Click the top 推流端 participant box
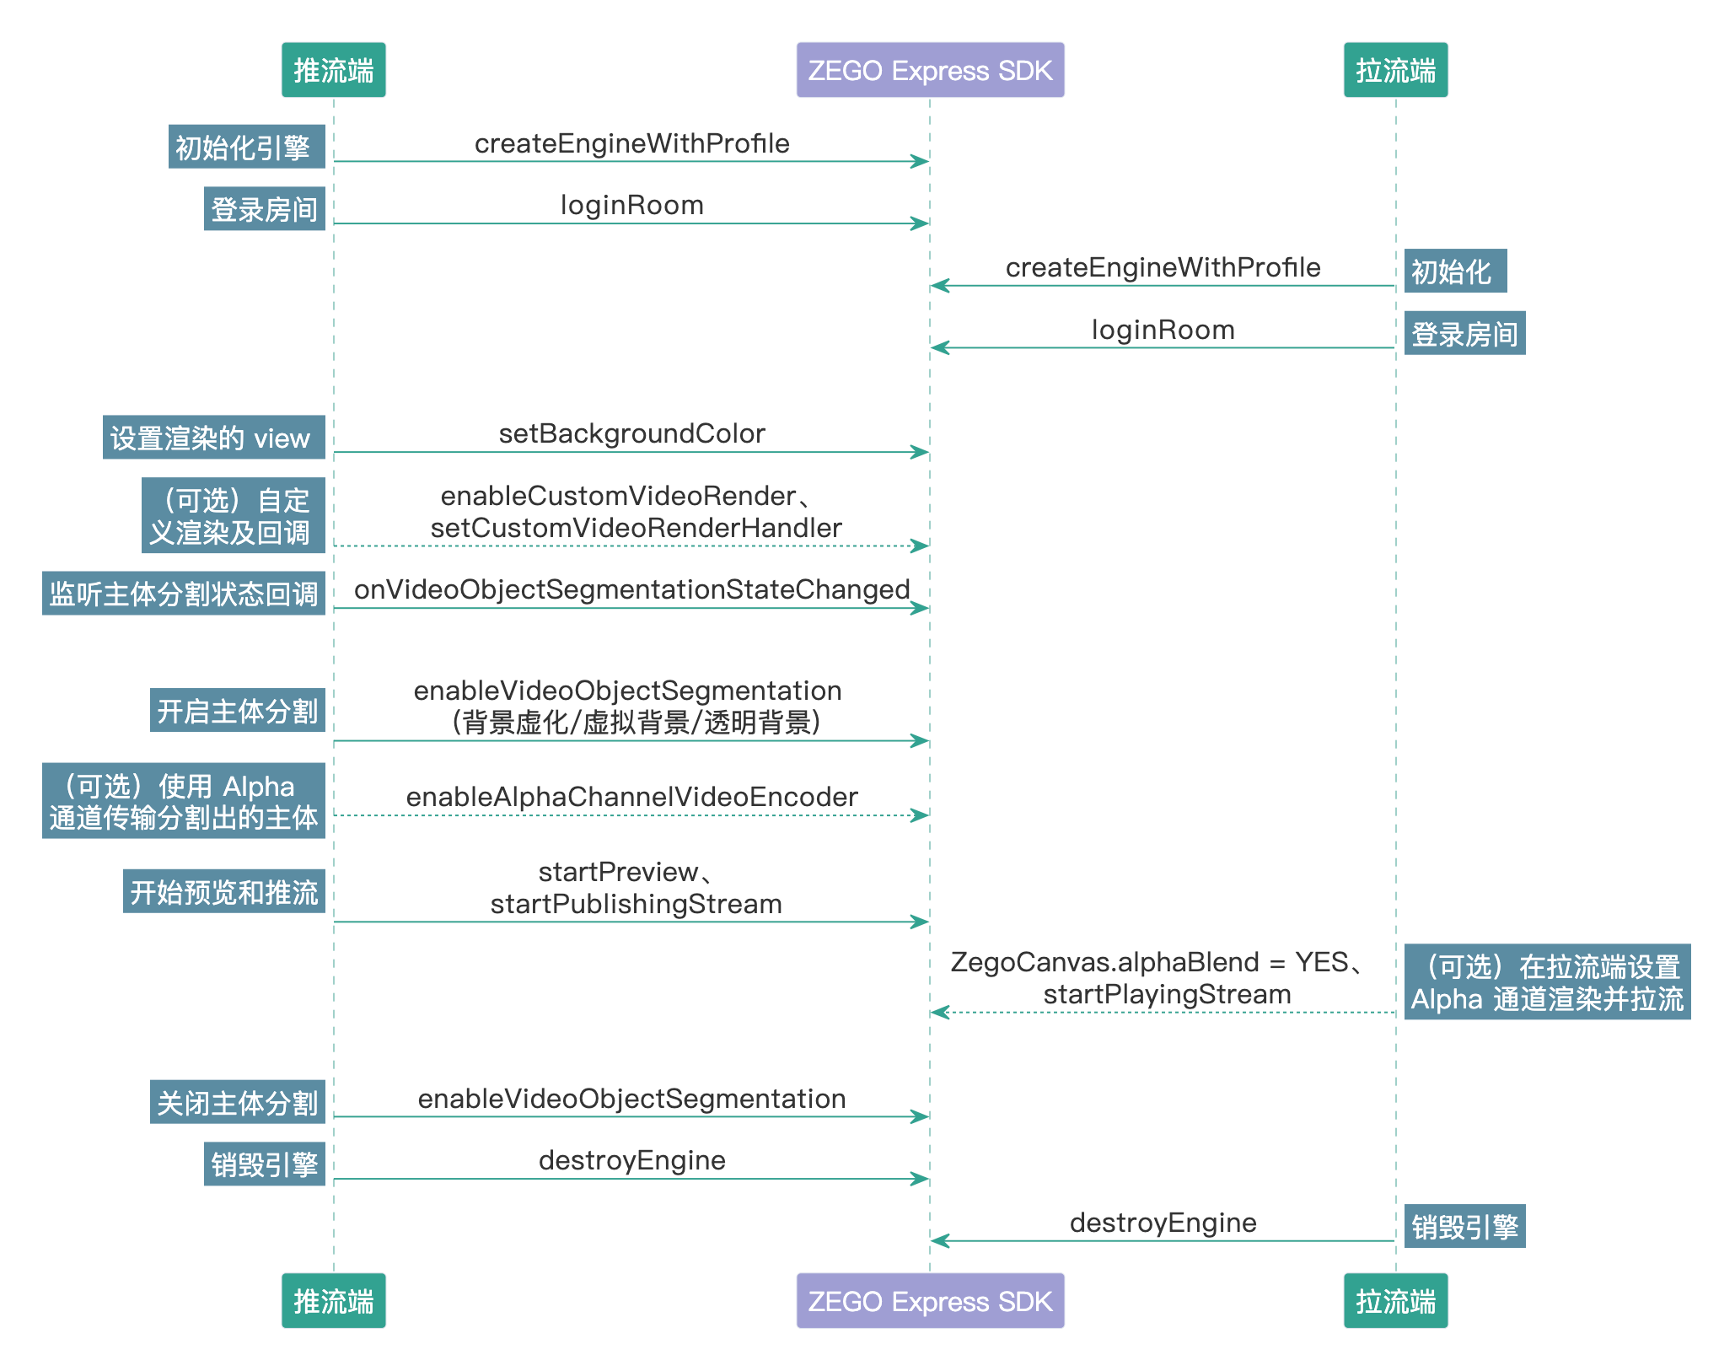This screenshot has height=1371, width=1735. [333, 70]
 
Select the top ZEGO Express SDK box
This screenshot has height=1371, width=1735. [930, 70]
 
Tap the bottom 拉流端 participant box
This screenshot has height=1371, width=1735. [1395, 1300]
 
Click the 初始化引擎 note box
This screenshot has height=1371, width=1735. [246, 147]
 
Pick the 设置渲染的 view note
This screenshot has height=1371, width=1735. [213, 438]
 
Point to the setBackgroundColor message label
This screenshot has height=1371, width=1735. [631, 433]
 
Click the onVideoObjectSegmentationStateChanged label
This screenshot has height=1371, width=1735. [631, 589]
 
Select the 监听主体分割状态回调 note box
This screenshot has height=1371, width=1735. [183, 594]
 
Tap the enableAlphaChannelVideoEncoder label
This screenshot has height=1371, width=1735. [631, 797]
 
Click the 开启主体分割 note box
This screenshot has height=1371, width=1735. [237, 710]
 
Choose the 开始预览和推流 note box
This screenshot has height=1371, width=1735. [223, 891]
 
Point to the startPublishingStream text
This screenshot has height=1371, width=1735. [636, 904]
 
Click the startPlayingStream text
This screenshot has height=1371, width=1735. [1167, 994]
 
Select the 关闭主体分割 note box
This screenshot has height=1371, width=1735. [237, 1102]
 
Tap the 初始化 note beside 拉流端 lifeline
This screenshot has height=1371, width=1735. [1454, 272]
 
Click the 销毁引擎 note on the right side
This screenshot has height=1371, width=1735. [1464, 1226]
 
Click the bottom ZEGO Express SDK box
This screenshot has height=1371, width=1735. [930, 1300]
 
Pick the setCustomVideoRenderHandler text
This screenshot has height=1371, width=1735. [636, 528]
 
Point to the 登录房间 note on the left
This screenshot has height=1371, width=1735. [264, 209]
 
